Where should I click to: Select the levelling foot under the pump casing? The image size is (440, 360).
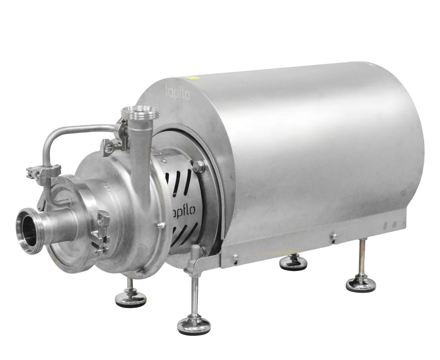131,297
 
